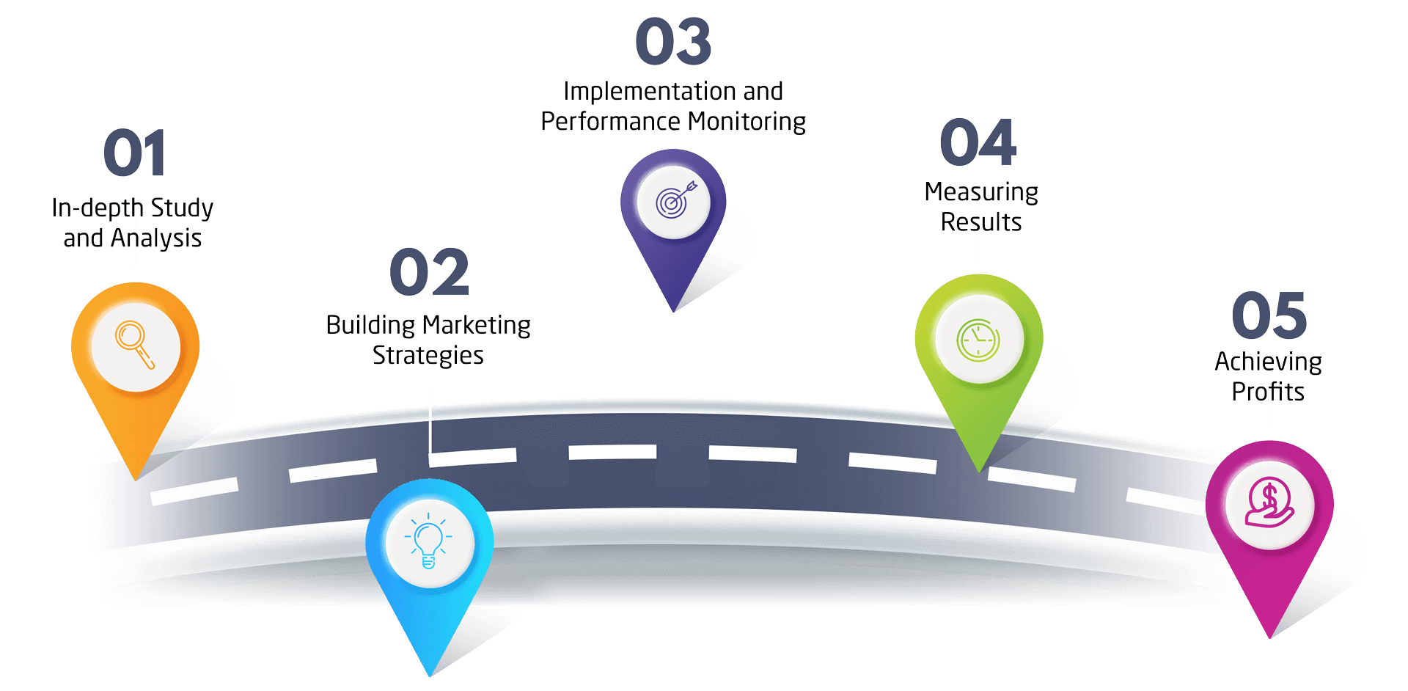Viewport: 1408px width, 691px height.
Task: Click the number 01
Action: (134, 153)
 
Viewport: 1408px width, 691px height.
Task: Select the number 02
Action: (429, 272)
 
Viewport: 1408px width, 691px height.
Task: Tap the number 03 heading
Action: (673, 42)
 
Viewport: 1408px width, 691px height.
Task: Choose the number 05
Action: (1269, 315)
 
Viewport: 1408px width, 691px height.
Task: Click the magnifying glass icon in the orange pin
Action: (134, 345)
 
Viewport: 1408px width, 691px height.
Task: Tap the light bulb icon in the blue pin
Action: (429, 544)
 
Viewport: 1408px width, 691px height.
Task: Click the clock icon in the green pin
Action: (978, 340)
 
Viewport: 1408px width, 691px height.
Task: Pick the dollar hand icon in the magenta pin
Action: (1269, 504)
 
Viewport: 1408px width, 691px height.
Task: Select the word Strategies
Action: (428, 356)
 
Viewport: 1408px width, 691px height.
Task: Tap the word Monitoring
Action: (747, 121)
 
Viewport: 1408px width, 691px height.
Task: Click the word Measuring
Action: (981, 192)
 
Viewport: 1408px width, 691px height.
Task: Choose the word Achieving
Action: (1269, 362)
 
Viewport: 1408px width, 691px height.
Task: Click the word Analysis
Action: (156, 238)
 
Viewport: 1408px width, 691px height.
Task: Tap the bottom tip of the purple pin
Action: (674, 312)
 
